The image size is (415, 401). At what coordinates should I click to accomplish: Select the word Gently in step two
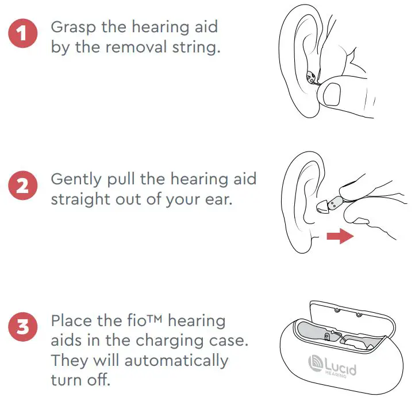coord(74,179)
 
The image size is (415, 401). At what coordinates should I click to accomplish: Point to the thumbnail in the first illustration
coord(332,92)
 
